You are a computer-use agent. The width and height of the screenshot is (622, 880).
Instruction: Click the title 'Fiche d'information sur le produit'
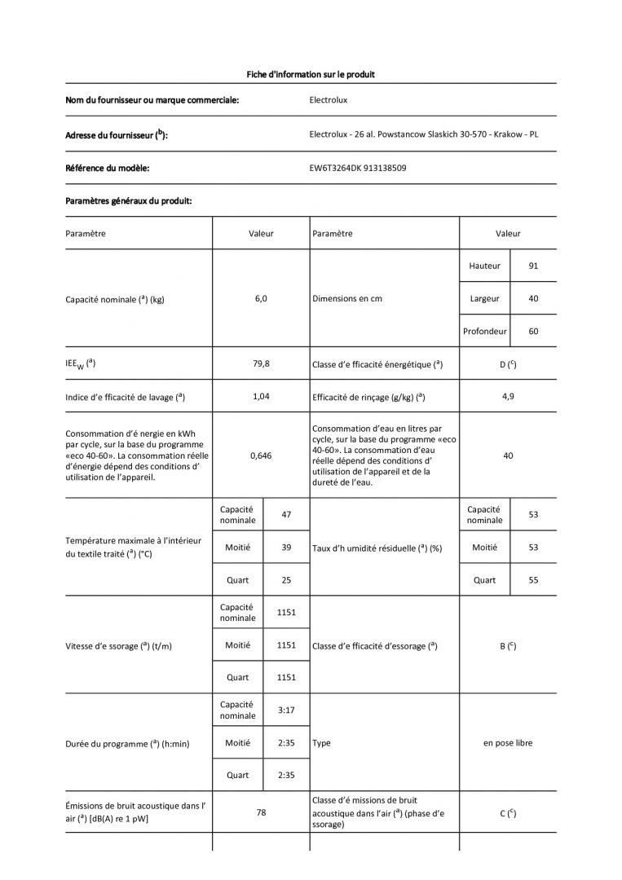coord(311,74)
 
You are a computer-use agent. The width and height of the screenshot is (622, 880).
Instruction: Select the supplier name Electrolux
coord(329,101)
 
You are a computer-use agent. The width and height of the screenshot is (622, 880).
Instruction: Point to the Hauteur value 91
coord(533,266)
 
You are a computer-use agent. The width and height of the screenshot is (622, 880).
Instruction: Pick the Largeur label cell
coord(484,298)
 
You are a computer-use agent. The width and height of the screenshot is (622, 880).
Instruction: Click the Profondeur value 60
coord(533,332)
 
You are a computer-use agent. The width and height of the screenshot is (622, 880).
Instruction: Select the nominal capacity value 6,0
coord(261,298)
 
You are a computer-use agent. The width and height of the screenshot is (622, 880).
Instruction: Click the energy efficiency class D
coord(508,364)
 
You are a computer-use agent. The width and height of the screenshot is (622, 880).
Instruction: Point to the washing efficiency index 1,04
coord(261,397)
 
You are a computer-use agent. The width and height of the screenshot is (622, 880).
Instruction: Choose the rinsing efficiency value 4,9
coord(508,397)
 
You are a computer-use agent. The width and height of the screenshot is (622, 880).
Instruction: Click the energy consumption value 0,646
coord(261,456)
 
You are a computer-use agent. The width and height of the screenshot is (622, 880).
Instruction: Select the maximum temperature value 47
coord(286,515)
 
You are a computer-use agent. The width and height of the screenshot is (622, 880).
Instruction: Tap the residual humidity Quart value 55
coord(533,580)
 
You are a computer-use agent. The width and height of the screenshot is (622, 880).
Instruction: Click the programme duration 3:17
coord(286,710)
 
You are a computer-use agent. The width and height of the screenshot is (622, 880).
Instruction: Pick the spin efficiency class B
coord(508,646)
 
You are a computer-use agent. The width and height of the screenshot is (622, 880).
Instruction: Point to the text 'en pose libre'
coord(508,743)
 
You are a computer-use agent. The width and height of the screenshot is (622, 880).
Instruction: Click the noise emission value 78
coord(261,812)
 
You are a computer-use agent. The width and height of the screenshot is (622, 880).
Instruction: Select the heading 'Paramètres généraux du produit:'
coord(129,200)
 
